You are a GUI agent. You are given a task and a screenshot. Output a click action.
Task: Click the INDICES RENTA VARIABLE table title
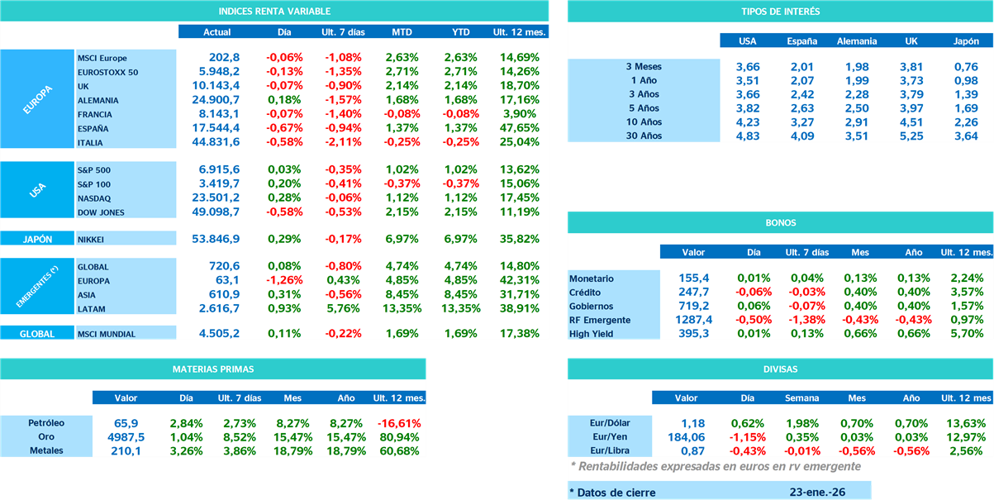tap(274, 12)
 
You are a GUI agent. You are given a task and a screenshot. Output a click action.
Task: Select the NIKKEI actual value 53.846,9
tap(216, 239)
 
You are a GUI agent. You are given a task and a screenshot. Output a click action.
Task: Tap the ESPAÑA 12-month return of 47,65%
tap(520, 128)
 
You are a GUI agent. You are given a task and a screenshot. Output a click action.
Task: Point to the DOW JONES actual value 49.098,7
tap(216, 212)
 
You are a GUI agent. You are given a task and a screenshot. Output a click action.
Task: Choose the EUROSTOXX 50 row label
tap(107, 72)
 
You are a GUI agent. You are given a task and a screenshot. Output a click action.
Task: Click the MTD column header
tap(402, 32)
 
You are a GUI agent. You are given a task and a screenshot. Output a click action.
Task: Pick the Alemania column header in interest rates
tap(857, 40)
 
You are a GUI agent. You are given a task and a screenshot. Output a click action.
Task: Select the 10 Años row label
tap(644, 122)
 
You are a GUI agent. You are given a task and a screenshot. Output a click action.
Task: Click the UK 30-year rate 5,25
tap(911, 136)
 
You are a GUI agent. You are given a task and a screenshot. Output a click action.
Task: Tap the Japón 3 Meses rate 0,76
tap(966, 66)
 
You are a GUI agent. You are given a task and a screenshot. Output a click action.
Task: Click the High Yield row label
tap(591, 334)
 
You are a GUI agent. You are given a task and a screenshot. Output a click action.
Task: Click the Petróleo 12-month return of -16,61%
tap(398, 422)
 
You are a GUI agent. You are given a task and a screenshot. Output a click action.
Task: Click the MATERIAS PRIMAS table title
tap(213, 369)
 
